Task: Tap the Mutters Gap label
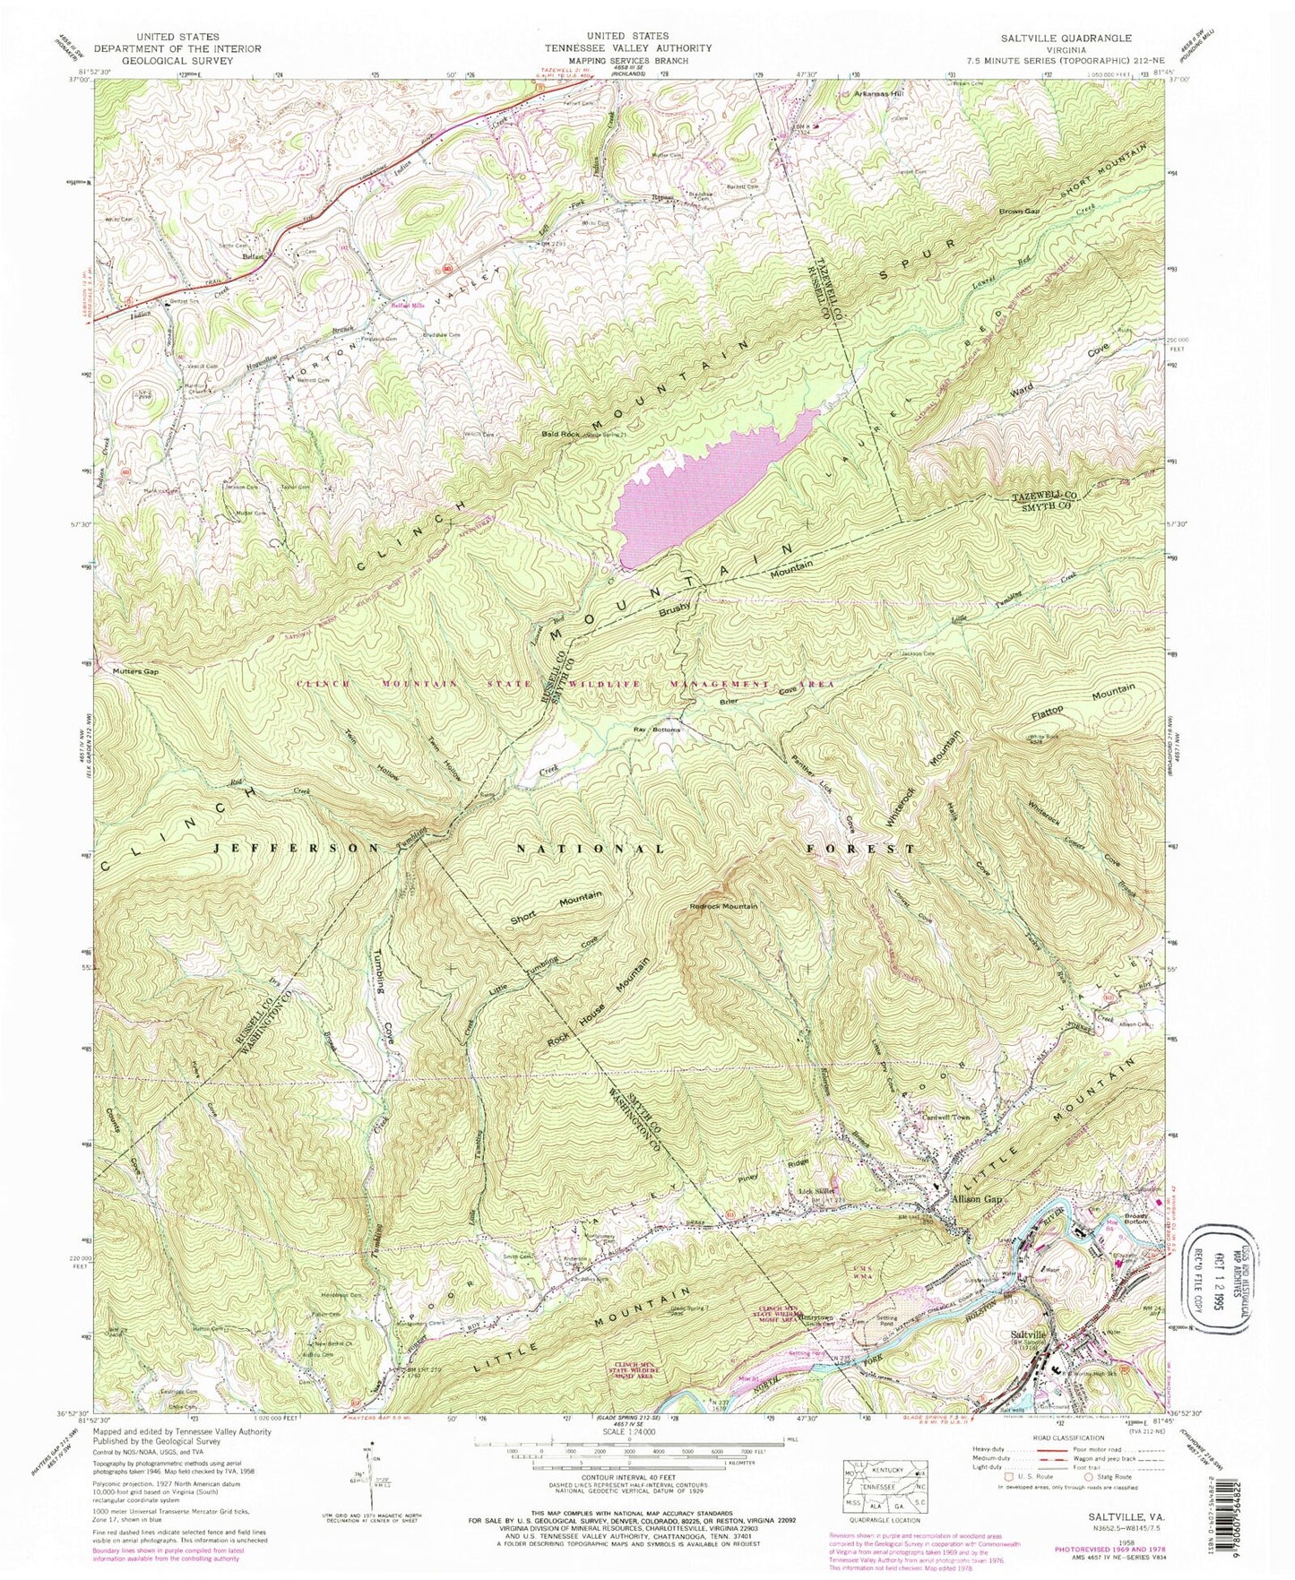coord(134,670)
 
